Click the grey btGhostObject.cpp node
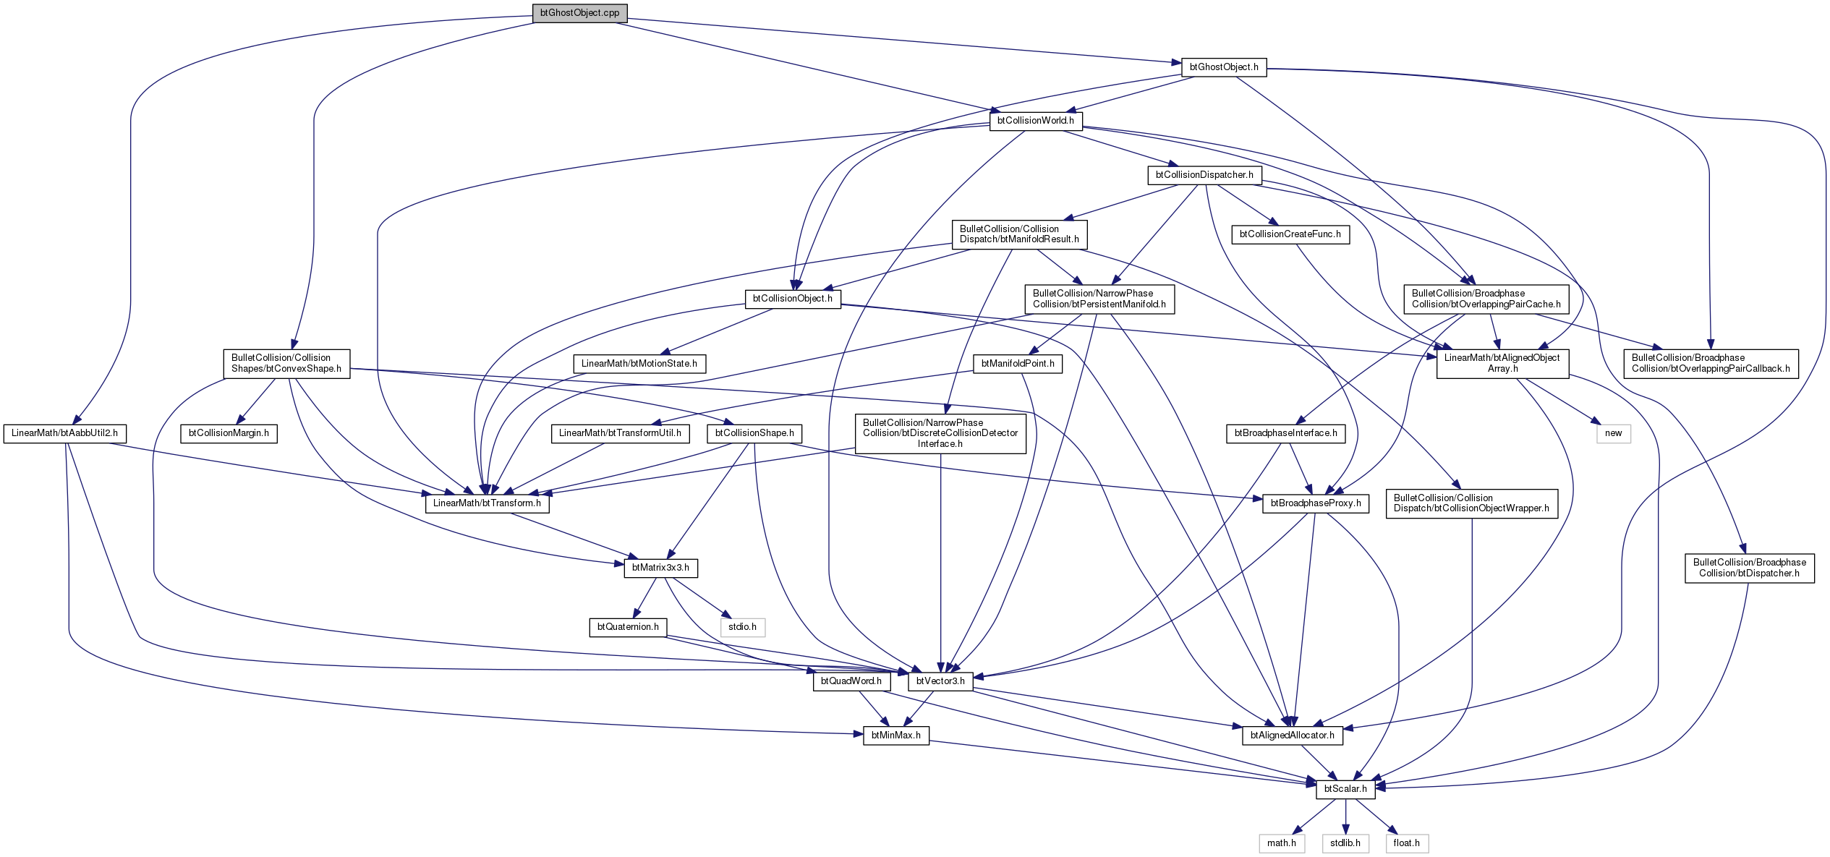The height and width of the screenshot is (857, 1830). (579, 13)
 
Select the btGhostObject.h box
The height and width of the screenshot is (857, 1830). (1224, 67)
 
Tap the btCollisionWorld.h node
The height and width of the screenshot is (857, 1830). (1036, 121)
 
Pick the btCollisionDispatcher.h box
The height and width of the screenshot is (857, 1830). (1204, 175)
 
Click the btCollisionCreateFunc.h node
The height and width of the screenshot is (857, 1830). (1290, 234)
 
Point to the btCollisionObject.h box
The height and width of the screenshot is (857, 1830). (793, 299)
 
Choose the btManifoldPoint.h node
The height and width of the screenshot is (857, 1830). (1018, 364)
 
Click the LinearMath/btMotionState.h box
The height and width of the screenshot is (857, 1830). (639, 364)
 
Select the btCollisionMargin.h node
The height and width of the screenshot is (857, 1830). (229, 434)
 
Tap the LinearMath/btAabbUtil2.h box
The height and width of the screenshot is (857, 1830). (64, 434)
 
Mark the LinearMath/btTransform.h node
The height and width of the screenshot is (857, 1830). (487, 503)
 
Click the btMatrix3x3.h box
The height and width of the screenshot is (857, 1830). (660, 568)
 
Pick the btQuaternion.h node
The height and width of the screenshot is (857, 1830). (628, 627)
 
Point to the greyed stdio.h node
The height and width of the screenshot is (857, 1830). (742, 627)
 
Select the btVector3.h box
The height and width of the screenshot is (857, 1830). (940, 681)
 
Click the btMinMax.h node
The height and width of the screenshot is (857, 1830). (896, 736)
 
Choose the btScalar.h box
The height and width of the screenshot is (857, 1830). (1345, 789)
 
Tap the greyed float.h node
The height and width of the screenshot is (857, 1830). (1407, 843)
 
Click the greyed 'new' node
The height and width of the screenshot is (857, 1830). (1614, 434)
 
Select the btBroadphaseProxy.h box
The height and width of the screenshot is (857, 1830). (1316, 503)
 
